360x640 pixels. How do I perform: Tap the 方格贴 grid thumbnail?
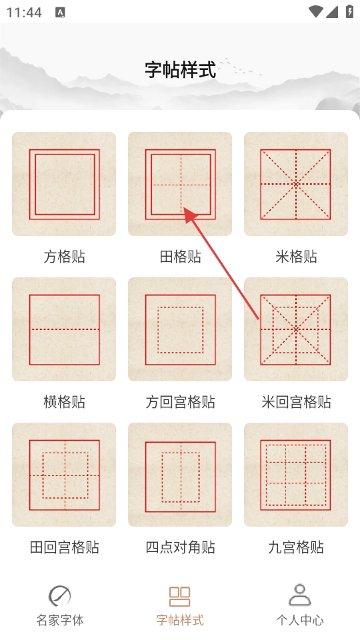[64, 184]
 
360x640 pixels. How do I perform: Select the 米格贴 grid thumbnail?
[296, 184]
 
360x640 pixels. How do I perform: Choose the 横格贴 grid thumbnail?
[64, 329]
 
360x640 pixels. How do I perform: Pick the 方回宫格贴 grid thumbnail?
[180, 329]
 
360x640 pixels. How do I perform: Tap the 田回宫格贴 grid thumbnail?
[64, 475]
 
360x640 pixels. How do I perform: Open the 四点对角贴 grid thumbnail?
[180, 475]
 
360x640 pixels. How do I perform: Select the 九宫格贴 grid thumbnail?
[296, 475]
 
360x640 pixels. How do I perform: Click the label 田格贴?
[180, 257]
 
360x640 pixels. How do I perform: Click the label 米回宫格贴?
[296, 402]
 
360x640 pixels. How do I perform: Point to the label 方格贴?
[64, 257]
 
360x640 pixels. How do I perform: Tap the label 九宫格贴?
[296, 547]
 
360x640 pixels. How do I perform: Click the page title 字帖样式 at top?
[180, 70]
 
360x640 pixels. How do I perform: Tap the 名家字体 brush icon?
[60, 596]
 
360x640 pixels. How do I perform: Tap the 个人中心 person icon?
[300, 595]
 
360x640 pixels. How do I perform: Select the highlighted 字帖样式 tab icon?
[180, 596]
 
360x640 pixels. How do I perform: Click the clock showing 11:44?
[24, 13]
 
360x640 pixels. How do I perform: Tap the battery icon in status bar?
[350, 11]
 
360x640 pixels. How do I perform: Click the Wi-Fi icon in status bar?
[316, 11]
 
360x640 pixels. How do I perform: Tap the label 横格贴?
[64, 402]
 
